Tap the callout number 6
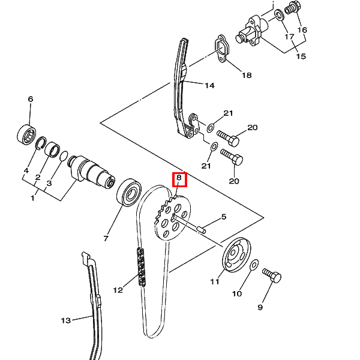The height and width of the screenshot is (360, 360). [x=31, y=99]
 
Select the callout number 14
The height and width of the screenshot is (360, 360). [x=209, y=86]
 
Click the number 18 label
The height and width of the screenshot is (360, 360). [x=247, y=75]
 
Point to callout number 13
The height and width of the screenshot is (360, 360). [x=66, y=320]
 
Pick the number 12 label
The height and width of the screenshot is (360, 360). [x=118, y=290]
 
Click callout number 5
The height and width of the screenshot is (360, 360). [x=224, y=217]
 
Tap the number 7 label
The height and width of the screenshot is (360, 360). [x=106, y=239]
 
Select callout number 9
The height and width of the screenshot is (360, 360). [x=260, y=307]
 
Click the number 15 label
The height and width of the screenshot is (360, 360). [x=301, y=56]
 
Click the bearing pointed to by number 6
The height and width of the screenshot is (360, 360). [x=26, y=134]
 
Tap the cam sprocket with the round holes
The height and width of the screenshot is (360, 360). [x=172, y=218]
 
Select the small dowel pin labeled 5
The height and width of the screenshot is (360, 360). [x=201, y=229]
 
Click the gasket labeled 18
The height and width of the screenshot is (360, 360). [x=222, y=49]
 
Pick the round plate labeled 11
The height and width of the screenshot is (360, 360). [x=236, y=255]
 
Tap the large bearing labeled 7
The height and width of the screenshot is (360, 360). [x=129, y=193]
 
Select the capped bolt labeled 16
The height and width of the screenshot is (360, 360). [x=292, y=8]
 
